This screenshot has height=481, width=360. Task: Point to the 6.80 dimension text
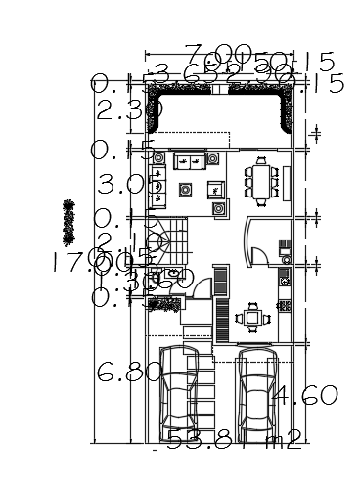[127, 372]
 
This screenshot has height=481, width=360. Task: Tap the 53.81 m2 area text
[233, 441]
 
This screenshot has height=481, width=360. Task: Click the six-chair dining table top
[261, 182]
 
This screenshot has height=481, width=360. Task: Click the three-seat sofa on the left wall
[157, 186]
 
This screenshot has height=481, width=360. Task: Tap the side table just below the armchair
[220, 207]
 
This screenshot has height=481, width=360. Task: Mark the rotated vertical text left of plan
[69, 221]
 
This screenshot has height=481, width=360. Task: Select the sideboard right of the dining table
[290, 182]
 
